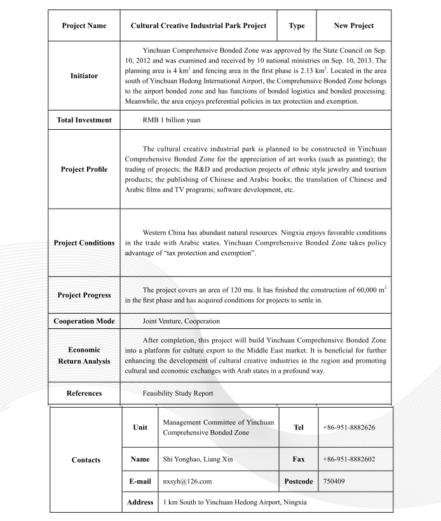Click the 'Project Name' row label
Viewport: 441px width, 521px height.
pyautogui.click(x=84, y=26)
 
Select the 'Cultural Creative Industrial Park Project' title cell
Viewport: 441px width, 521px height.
pyautogui.click(x=198, y=26)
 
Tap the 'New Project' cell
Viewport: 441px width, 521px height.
pyautogui.click(x=353, y=26)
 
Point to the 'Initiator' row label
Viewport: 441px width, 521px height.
pyautogui.click(x=84, y=76)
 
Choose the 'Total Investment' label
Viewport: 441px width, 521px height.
pyautogui.click(x=84, y=120)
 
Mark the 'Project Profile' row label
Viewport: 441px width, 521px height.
pyautogui.click(x=84, y=169)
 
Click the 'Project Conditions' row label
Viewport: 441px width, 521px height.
pyautogui.click(x=84, y=243)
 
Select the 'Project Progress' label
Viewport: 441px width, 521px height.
pyautogui.click(x=84, y=295)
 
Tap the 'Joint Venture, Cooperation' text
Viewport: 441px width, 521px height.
pyautogui.click(x=181, y=321)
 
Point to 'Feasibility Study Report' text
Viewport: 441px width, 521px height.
pyautogui.click(x=178, y=393)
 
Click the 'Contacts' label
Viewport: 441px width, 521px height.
pyautogui.click(x=86, y=460)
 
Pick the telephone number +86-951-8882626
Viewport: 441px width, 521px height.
pyautogui.click(x=349, y=427)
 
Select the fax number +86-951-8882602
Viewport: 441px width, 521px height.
pyautogui.click(x=349, y=459)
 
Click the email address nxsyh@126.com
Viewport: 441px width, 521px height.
pyautogui.click(x=187, y=482)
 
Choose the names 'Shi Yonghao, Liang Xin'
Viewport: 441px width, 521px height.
pyautogui.click(x=200, y=459)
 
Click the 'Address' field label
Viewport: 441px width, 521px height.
pyautogui.click(x=140, y=503)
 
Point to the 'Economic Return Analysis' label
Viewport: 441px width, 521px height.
pyautogui.click(x=84, y=355)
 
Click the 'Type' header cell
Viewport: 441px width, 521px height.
pyautogui.click(x=297, y=26)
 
